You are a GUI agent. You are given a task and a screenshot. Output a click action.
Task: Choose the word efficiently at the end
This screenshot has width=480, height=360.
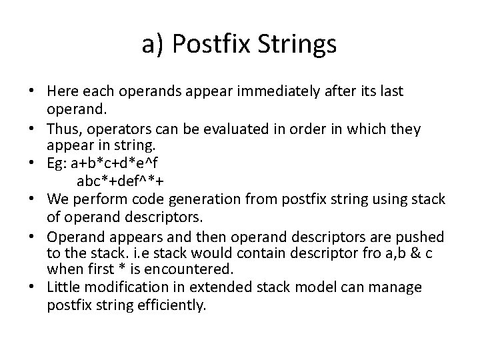point(174,305)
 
